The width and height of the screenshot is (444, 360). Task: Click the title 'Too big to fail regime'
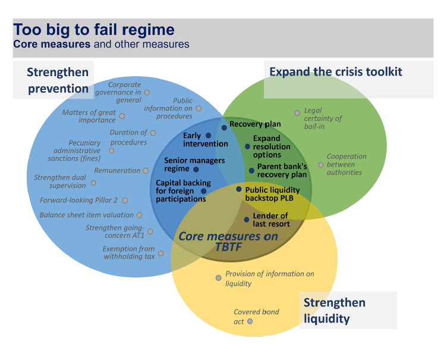pyautogui.click(x=94, y=30)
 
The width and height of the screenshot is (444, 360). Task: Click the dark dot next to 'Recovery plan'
pyautogui.click(x=224, y=128)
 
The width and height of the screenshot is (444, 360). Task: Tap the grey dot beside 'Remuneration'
pyautogui.click(x=146, y=171)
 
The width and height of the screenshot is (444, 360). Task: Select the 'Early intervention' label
pyautogui.click(x=205, y=139)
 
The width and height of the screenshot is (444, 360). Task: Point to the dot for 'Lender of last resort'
pyautogui.click(x=247, y=220)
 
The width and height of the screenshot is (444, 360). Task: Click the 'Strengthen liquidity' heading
pyautogui.click(x=335, y=311)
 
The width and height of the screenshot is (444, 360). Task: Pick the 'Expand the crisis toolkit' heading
pyautogui.click(x=336, y=72)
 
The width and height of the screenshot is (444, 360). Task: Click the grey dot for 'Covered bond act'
pyautogui.click(x=250, y=321)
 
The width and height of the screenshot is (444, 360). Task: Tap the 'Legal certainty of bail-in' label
pyautogui.click(x=323, y=118)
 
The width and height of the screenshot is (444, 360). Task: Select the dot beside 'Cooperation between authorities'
pyautogui.click(x=321, y=165)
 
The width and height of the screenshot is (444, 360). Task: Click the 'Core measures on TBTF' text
pyautogui.click(x=228, y=242)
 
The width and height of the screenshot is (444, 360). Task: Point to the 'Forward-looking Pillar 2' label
pyautogui.click(x=78, y=200)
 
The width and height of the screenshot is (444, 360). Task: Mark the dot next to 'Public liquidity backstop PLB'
pyautogui.click(x=239, y=189)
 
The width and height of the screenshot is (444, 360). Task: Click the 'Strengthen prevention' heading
pyautogui.click(x=58, y=80)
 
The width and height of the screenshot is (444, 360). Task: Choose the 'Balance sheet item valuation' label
pyautogui.click(x=86, y=215)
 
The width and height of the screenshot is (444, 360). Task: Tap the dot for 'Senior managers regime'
pyautogui.click(x=196, y=170)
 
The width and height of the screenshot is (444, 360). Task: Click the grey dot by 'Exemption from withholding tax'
pyautogui.click(x=160, y=253)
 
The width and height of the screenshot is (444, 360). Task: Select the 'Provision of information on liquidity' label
pyautogui.click(x=270, y=278)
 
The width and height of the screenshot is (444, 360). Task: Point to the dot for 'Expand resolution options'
pyautogui.click(x=247, y=146)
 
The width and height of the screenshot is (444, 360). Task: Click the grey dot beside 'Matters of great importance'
pyautogui.click(x=122, y=116)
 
